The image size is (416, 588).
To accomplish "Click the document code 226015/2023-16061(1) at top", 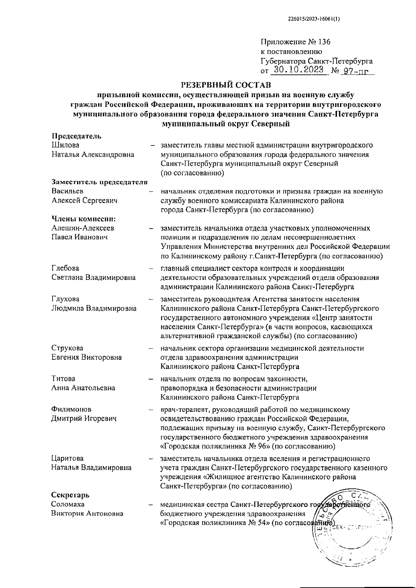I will click(x=314, y=19).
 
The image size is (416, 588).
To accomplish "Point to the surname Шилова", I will click(x=66, y=145).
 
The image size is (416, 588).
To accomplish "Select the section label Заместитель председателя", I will click(x=99, y=182).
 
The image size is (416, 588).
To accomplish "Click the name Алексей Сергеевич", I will click(x=85, y=200).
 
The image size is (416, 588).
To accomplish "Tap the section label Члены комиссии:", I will click(x=83, y=219).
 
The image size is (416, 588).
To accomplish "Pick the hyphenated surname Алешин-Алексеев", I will click(x=83, y=228).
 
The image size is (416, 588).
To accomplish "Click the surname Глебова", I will click(x=65, y=268).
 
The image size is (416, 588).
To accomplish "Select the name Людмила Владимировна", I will click(x=94, y=308).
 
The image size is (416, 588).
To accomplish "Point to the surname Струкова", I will click(x=67, y=348).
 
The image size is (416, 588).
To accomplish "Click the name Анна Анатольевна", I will click(x=83, y=388).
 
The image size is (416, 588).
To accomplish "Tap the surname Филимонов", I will click(x=71, y=409).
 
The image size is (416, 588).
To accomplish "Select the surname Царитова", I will click(x=67, y=458).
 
